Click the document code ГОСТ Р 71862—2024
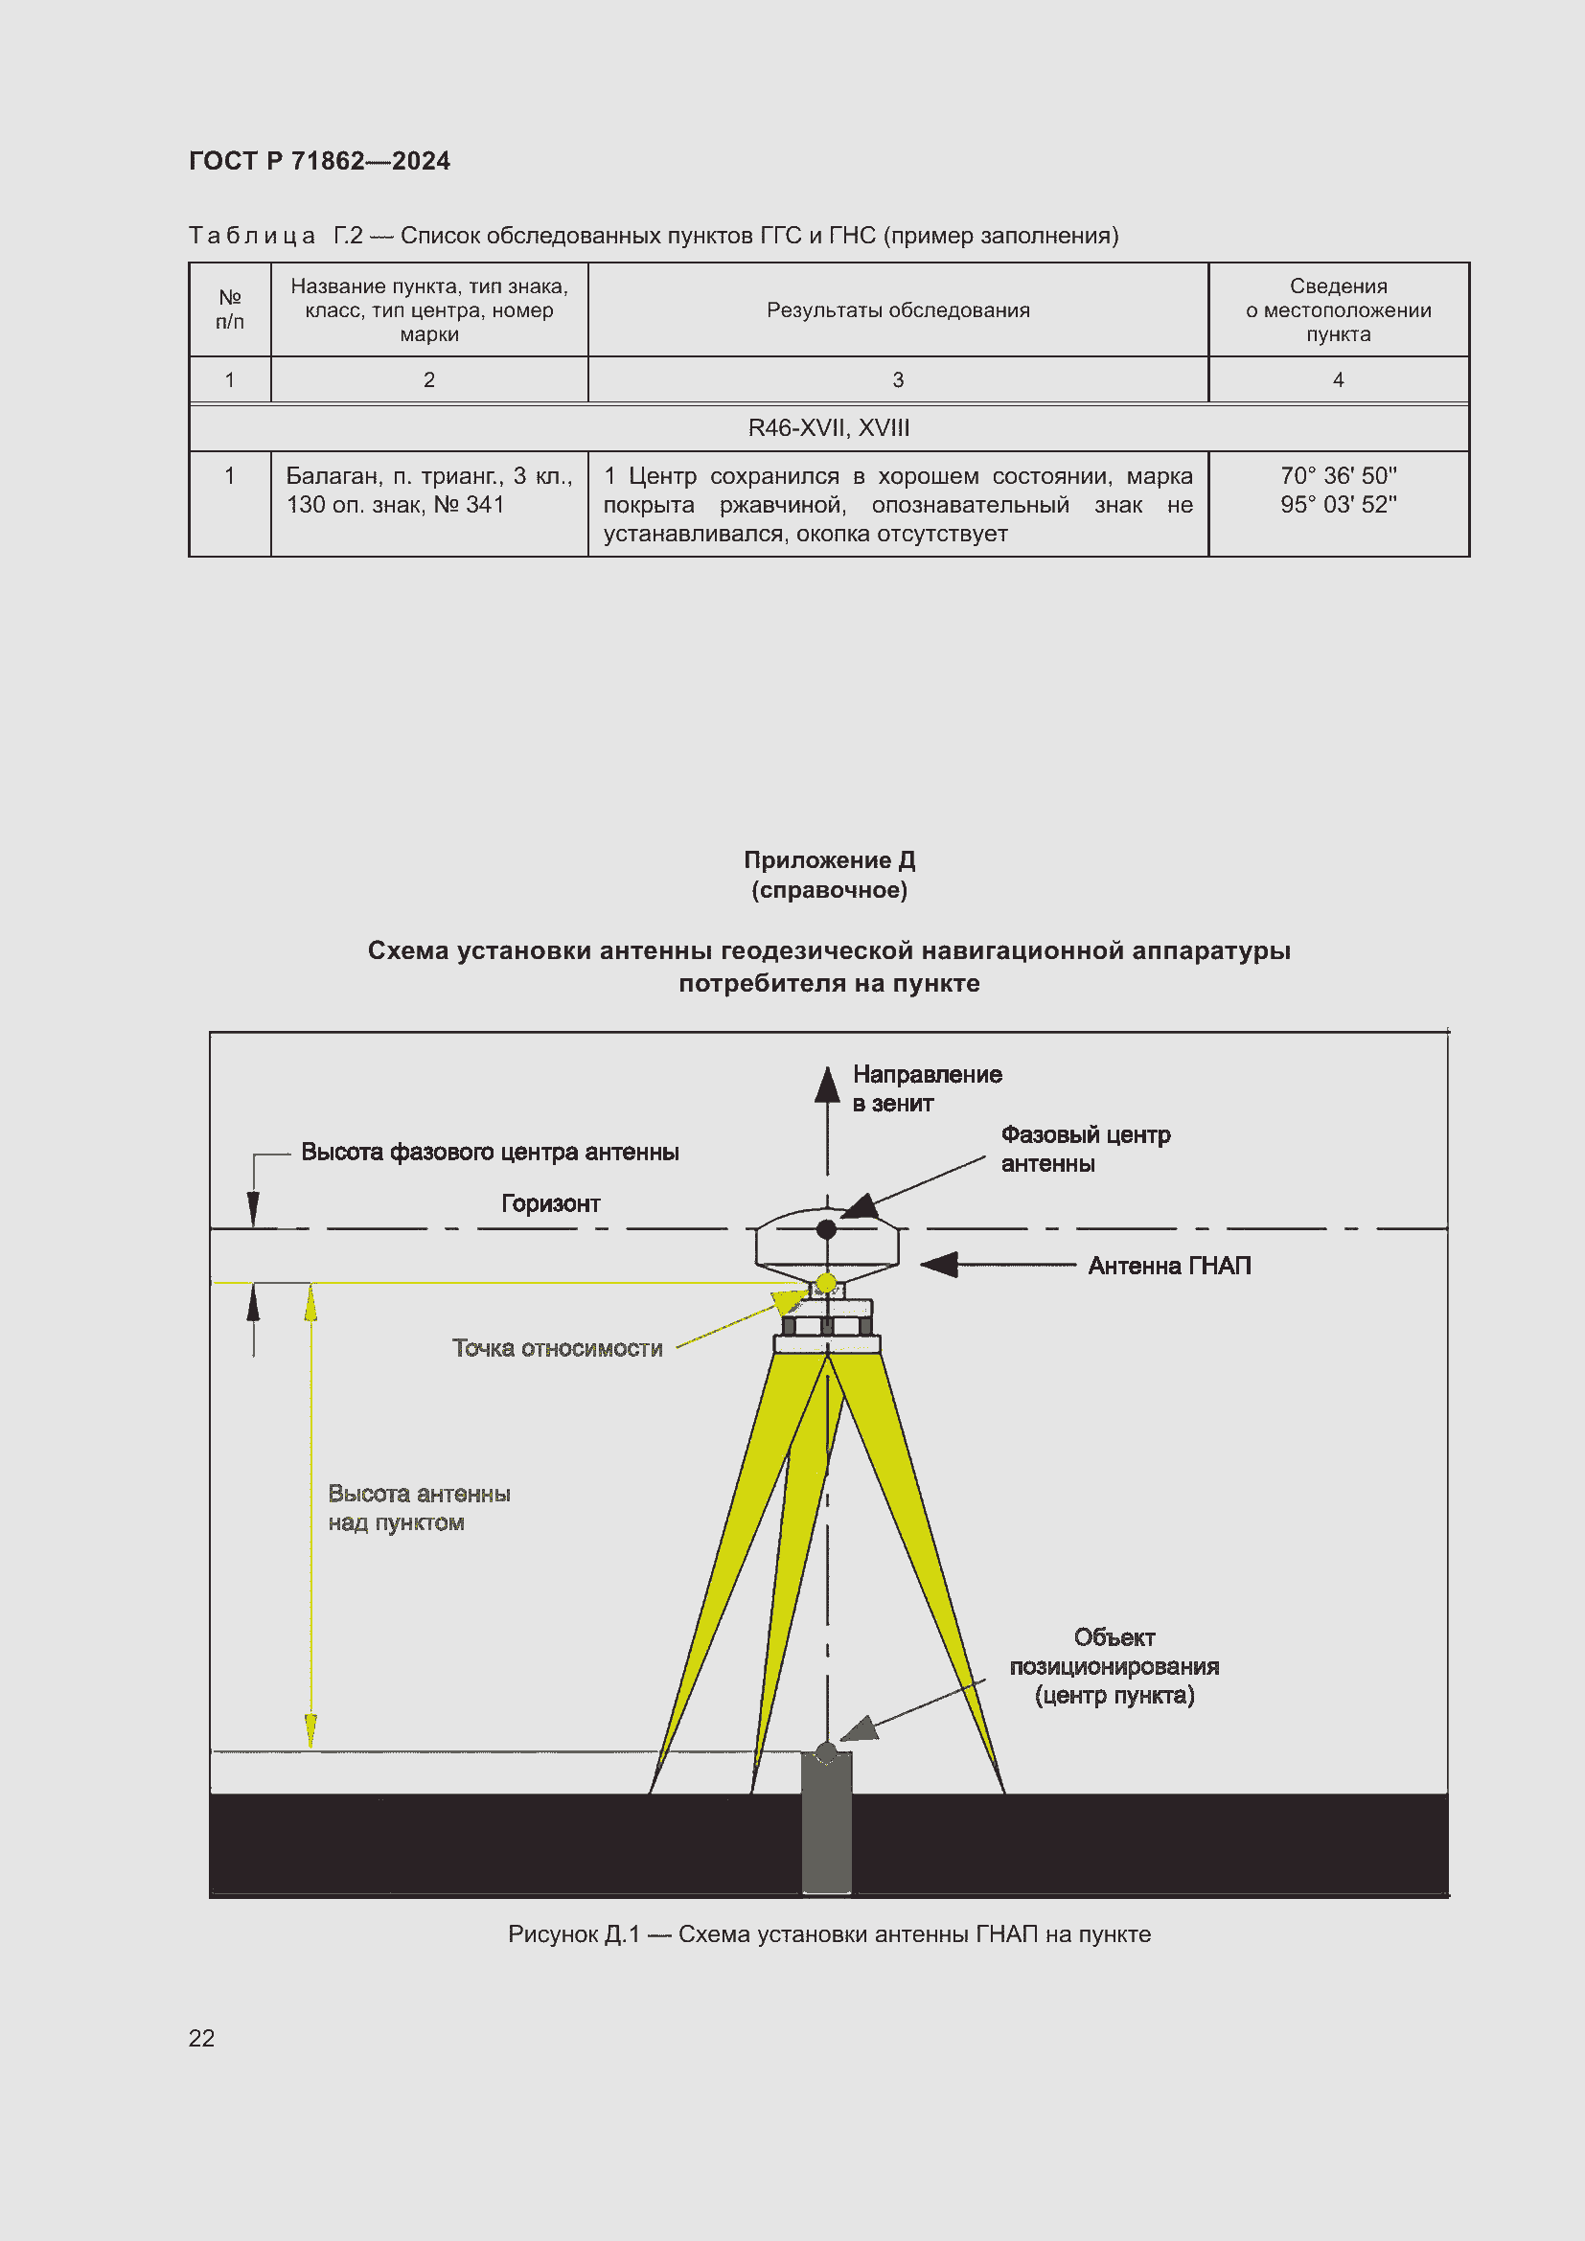(x=319, y=161)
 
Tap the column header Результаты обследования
(x=897, y=310)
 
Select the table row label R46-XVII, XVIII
(x=828, y=427)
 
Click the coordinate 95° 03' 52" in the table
(x=1337, y=505)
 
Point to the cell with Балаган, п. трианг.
(x=428, y=490)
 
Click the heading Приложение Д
(x=829, y=859)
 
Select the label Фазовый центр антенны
(x=1085, y=1149)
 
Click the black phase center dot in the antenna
(x=826, y=1229)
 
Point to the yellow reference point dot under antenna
(x=826, y=1283)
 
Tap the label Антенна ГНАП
(x=1168, y=1266)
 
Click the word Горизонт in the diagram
(x=550, y=1203)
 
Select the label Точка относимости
(x=557, y=1348)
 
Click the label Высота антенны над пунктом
(x=418, y=1508)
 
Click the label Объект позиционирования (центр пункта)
(x=1114, y=1666)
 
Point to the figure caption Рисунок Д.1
(x=829, y=1933)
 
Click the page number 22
(x=201, y=2038)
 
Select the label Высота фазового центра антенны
(x=489, y=1152)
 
